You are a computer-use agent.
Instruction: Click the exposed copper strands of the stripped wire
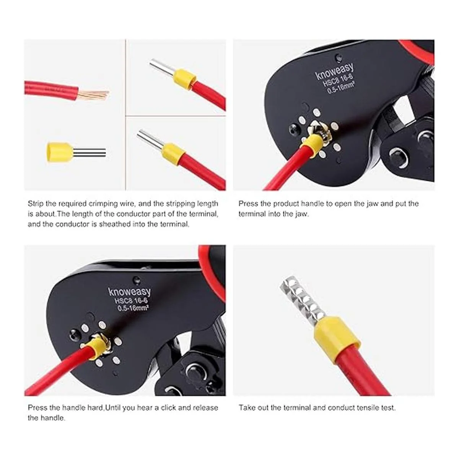[93, 94]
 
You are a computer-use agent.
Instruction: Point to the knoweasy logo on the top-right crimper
[335, 72]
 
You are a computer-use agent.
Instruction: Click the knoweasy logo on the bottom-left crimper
[129, 292]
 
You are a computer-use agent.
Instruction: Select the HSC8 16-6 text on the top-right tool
[337, 81]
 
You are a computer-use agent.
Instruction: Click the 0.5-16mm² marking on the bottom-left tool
[133, 308]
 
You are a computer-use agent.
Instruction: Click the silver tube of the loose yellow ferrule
[90, 153]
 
